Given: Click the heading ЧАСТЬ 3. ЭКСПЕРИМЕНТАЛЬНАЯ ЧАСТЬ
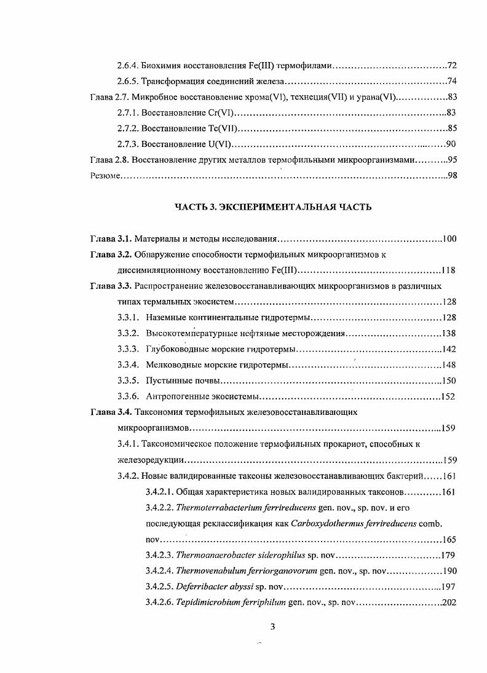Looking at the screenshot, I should point(273,207).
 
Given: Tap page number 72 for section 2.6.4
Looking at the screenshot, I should point(451,65).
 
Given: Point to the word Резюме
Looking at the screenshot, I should point(104,176).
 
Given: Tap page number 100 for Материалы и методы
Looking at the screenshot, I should point(449,238).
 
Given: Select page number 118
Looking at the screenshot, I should point(449,270).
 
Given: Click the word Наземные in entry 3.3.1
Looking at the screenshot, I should point(166,317).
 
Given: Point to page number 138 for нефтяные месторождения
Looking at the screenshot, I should point(449,333).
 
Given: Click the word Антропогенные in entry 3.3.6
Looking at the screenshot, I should point(176,396).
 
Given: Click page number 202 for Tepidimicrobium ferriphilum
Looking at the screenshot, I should point(449,603).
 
